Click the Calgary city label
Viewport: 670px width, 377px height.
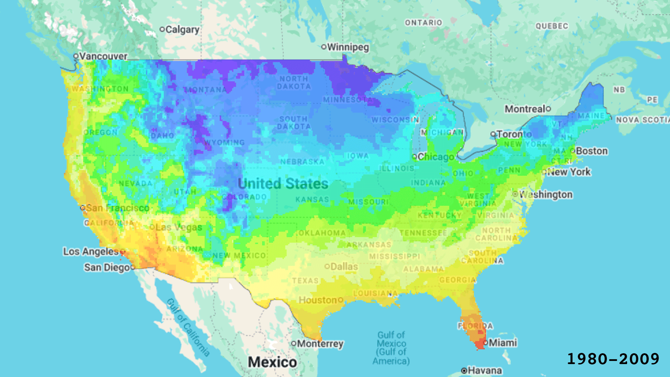point(182,30)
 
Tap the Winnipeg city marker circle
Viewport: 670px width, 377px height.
point(324,47)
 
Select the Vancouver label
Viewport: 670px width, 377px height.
point(103,56)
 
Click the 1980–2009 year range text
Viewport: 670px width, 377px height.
point(613,359)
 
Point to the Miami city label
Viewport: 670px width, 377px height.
point(502,343)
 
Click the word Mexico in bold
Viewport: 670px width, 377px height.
point(272,362)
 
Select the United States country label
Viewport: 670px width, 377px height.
point(283,184)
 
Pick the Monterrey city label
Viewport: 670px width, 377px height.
point(320,344)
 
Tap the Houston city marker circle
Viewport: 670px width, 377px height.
point(340,300)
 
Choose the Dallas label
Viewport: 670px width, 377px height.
point(344,267)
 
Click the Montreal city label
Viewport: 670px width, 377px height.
point(525,109)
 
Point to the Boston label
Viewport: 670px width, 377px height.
point(592,151)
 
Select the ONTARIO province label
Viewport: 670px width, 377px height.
point(423,23)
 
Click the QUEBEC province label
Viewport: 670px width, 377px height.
point(552,26)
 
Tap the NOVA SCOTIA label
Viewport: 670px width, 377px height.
point(642,120)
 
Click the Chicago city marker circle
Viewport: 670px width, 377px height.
point(415,157)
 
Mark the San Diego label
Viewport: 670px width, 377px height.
point(107,268)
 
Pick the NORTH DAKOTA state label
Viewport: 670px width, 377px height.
point(293,83)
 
